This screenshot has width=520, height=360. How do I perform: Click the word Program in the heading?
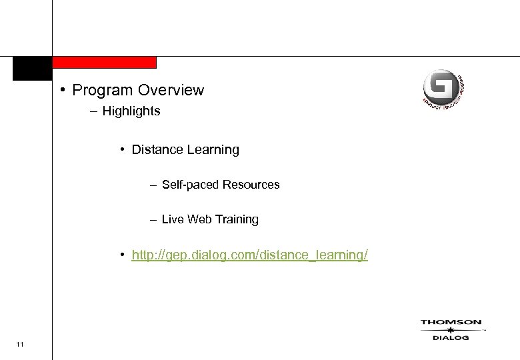[x=101, y=90]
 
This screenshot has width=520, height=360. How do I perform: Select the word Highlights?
[x=131, y=111]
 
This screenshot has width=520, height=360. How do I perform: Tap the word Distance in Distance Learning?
[x=155, y=150]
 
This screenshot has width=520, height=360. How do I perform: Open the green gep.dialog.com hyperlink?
[x=249, y=255]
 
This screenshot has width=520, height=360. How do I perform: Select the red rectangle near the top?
[x=104, y=62]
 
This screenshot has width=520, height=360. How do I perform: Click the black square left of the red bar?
[x=32, y=68]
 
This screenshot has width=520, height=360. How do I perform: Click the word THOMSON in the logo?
[x=451, y=323]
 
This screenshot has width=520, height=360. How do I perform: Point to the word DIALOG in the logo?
[x=451, y=338]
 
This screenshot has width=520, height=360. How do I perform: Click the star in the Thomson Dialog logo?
[x=451, y=330]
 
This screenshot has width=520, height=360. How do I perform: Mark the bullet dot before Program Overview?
[x=61, y=90]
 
